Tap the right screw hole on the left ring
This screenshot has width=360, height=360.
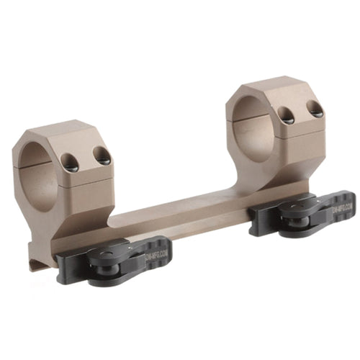click(103, 155)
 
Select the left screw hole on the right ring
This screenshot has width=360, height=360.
click(286, 114)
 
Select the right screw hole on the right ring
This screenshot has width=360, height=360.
click(315, 109)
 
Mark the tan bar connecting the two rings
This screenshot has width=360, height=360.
click(180, 205)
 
